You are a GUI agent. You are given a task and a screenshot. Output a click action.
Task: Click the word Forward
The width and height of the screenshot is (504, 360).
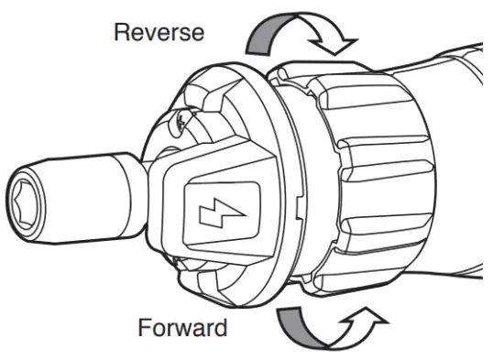(x=183, y=326)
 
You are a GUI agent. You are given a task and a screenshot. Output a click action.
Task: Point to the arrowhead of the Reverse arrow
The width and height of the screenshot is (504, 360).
(x=345, y=40)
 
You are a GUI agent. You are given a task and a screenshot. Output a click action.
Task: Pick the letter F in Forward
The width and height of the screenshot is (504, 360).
(x=145, y=326)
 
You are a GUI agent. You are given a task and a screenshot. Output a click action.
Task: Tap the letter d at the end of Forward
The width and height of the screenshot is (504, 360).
(x=221, y=326)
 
